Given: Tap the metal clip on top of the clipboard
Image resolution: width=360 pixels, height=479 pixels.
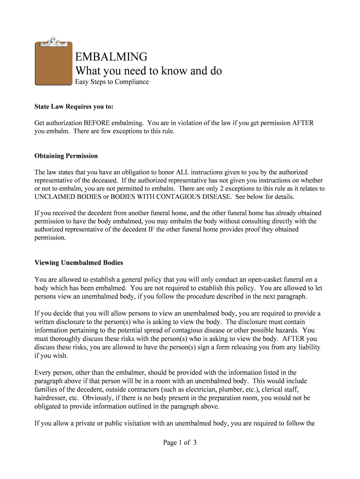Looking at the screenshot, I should pyautogui.click(x=53, y=42).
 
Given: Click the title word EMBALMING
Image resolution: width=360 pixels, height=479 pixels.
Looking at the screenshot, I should pyautogui.click(x=111, y=57).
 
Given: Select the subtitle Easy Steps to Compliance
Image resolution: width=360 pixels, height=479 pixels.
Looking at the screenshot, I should pyautogui.click(x=112, y=82).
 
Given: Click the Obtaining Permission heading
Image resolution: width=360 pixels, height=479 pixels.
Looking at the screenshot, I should pyautogui.click(x=66, y=156).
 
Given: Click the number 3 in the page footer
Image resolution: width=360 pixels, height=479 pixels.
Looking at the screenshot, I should pyautogui.click(x=194, y=443).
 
